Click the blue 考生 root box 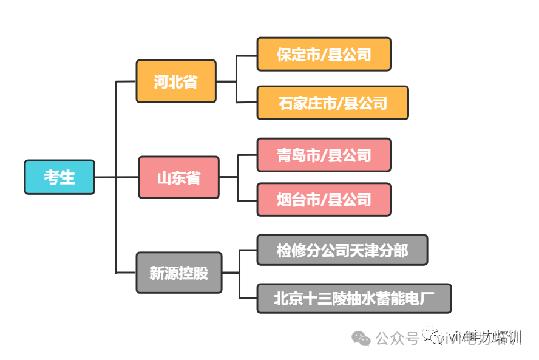tap(59, 177)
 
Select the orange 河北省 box tap(176, 81)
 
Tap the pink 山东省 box tap(178, 178)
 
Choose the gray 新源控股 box tap(178, 273)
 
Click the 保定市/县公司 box tap(324, 55)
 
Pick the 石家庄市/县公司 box tap(333, 103)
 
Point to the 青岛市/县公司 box tap(324, 155)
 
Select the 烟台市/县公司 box tap(324, 199)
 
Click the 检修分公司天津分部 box tap(342, 250)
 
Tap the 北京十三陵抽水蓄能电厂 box tap(354, 298)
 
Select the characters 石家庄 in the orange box tap(300, 103)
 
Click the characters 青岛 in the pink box tap(291, 155)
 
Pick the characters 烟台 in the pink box tap(291, 199)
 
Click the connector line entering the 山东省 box tap(127, 177)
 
